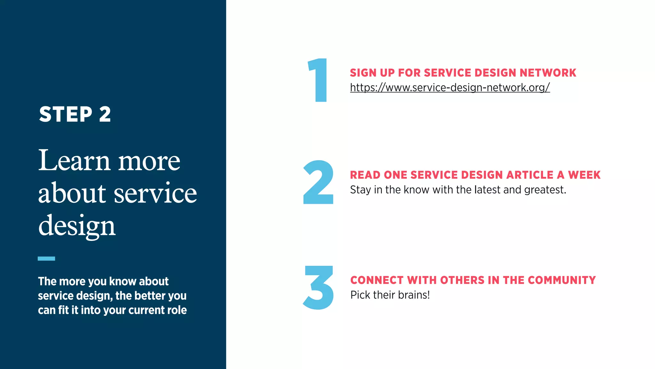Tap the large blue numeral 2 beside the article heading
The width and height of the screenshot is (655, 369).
[x=318, y=182]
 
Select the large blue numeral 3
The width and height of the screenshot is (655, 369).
[x=318, y=287]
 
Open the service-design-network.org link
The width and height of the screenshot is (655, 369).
[x=450, y=87]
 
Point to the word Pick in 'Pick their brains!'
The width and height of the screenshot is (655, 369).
[x=360, y=295]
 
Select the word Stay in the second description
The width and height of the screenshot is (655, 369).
[x=360, y=190]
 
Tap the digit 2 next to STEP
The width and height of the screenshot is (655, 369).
[x=105, y=114]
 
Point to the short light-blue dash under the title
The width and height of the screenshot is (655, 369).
[x=46, y=258]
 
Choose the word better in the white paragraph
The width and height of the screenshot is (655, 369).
[x=150, y=296]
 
